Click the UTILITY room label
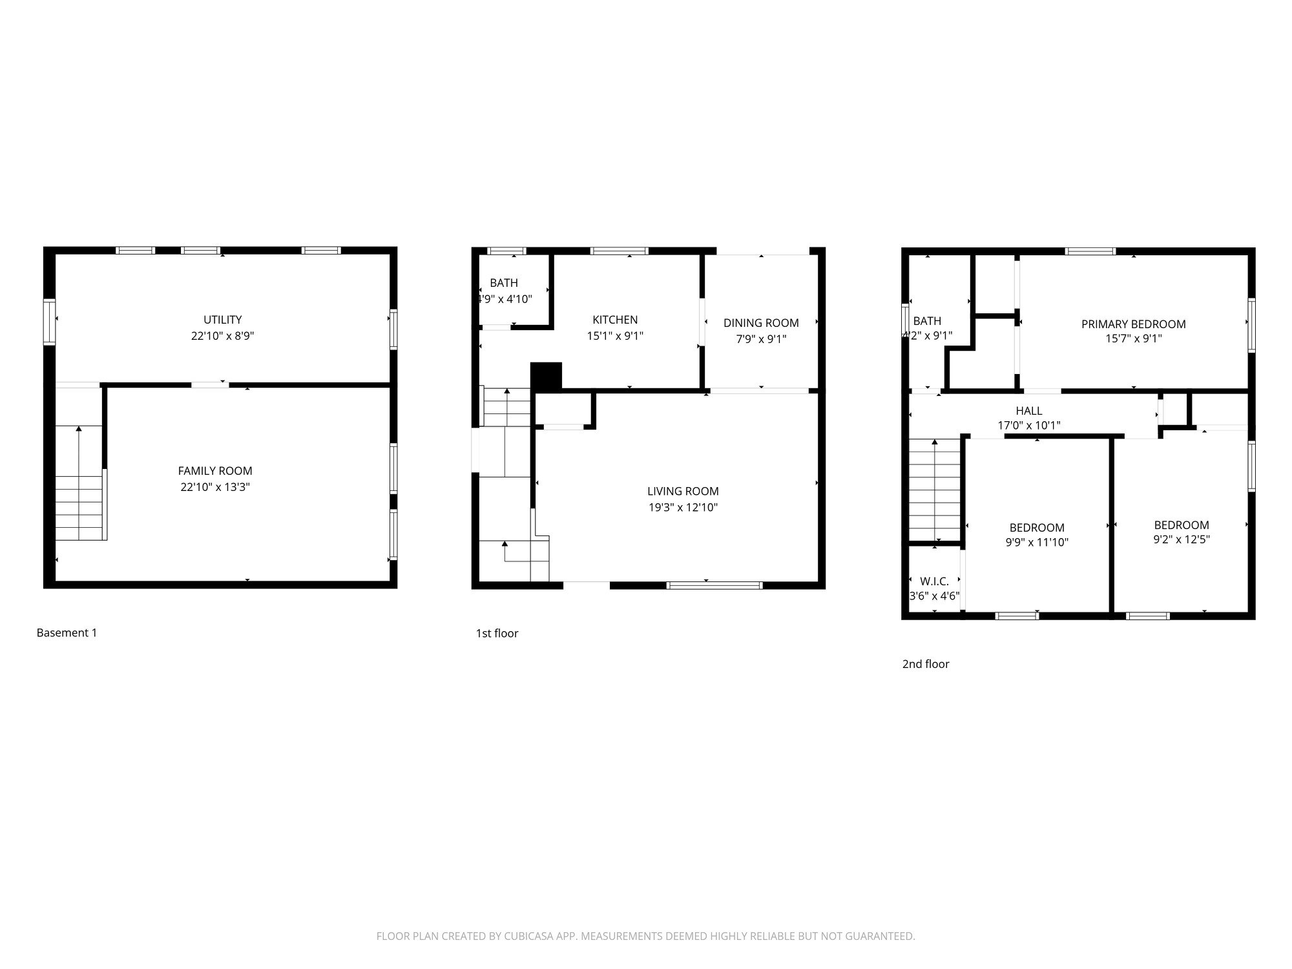pos(222,320)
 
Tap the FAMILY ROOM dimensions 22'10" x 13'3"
pos(214,487)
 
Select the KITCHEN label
pos(615,320)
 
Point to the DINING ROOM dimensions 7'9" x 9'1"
pos(761,339)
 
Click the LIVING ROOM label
pos(683,491)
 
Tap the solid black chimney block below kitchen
pos(546,376)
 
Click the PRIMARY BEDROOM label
pos(1133,324)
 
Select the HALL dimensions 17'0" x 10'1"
pos(1028,426)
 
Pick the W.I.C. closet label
pos(934,581)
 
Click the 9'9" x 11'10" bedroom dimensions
pos(1036,543)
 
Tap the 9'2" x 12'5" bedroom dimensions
pos(1181,540)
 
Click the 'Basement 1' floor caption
pos(67,633)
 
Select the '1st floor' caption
pos(497,634)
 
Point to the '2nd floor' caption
pos(925,664)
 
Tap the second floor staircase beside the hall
pos(934,490)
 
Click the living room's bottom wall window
pos(714,585)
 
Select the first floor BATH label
pos(503,283)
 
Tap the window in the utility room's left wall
pos(49,321)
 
